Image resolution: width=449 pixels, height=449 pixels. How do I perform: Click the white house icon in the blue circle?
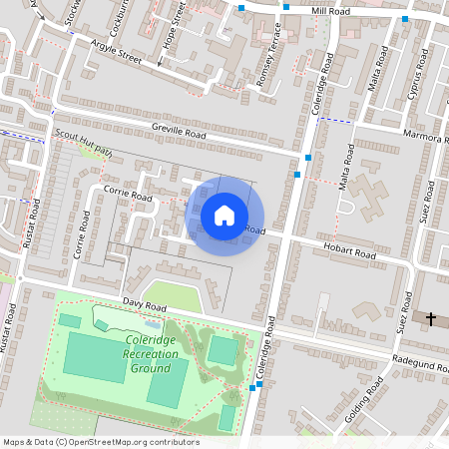tap(224, 215)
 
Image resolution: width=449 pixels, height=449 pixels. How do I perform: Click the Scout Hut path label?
tap(84, 142)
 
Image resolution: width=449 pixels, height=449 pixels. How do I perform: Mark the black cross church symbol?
tap(431, 319)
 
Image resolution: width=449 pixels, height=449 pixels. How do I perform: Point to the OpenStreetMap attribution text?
tap(101, 442)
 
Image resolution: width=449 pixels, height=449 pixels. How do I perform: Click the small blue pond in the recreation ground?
tap(152, 324)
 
